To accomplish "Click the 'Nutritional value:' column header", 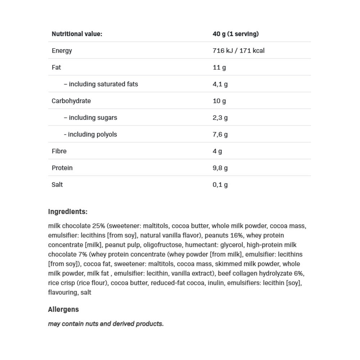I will pos(77,34).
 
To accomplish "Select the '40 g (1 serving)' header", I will pos(235,34).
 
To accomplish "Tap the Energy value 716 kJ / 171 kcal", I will pos(238,51).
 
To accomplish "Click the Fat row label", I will pos(57,67).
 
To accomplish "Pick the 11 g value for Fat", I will pos(219,67).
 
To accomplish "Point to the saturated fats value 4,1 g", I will pos(220,84).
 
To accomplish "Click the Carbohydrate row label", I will pos(71,101).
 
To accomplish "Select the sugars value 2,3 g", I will pos(220,118).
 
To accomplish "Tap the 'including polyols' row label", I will pos(90,134).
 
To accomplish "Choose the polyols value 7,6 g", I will pos(220,134).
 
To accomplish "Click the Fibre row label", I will pos(59,151).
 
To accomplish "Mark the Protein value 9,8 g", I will pos(220,168).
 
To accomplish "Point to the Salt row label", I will pos(57,185).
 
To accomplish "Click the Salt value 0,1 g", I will pos(220,185).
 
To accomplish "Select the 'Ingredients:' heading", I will pos(68,212).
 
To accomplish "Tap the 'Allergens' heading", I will pos(63,310).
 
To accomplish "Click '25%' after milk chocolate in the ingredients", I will pos(98,226).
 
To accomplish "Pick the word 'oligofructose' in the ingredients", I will pos(164,245).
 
